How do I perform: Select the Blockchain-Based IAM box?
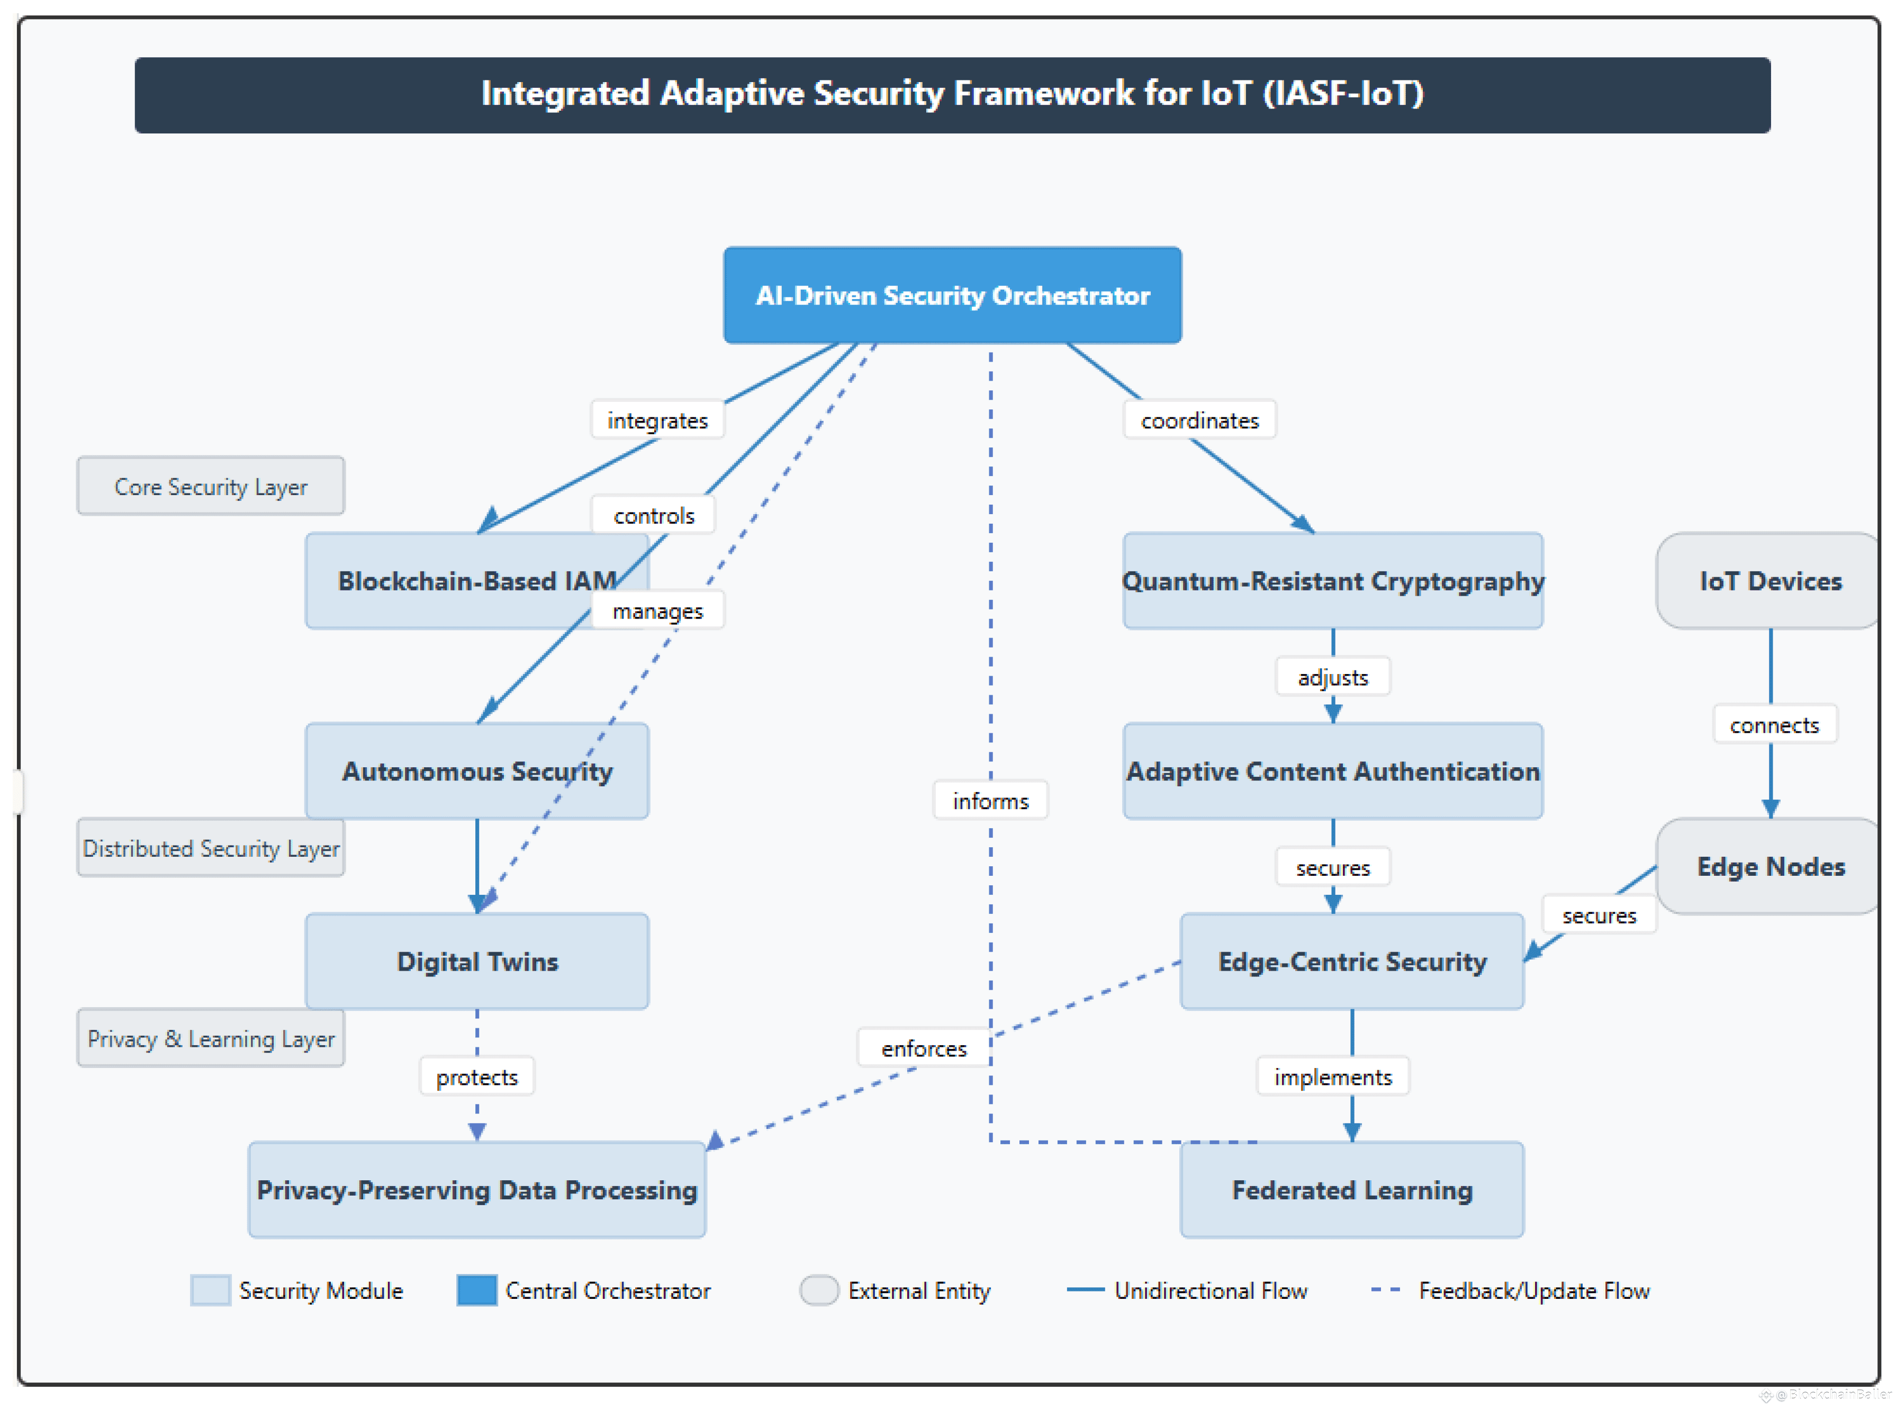[476, 581]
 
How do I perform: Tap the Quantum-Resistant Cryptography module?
[1332, 581]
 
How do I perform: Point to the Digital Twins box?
[476, 961]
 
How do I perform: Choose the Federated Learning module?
[1351, 1190]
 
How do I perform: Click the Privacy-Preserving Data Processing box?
[476, 1190]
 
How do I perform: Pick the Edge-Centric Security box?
[1351, 961]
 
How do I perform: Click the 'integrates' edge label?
[657, 420]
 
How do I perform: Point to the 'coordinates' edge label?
[1199, 420]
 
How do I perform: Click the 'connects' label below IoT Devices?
[1774, 725]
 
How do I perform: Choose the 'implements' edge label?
[1332, 1076]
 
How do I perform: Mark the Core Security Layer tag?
[211, 486]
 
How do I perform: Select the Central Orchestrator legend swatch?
[476, 1289]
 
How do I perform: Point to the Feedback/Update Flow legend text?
[1533, 1290]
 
